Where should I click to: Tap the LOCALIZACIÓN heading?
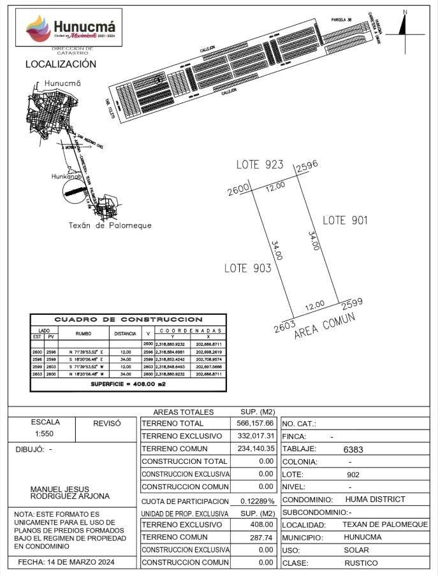pyautogui.click(x=61, y=64)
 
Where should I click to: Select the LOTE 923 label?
pyautogui.click(x=259, y=165)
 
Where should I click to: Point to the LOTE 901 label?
pyautogui.click(x=345, y=220)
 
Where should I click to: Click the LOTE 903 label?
pyautogui.click(x=247, y=268)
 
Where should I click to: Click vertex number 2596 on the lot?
pyautogui.click(x=306, y=166)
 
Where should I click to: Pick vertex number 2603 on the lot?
pyautogui.click(x=284, y=328)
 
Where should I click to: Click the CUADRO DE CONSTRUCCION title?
pyautogui.click(x=128, y=319)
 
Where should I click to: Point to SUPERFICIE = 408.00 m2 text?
pyautogui.click(x=128, y=385)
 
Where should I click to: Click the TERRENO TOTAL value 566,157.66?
pyautogui.click(x=253, y=423)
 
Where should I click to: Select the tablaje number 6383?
pyautogui.click(x=353, y=449)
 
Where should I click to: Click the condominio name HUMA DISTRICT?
pyautogui.click(x=375, y=500)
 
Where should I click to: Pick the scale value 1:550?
pyautogui.click(x=45, y=435)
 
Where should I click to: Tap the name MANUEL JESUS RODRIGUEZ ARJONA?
pyautogui.click(x=70, y=493)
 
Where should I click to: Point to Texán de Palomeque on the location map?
pyautogui.click(x=110, y=226)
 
